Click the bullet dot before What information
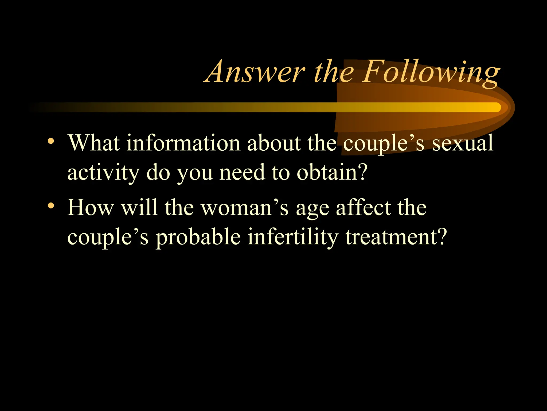[51, 141]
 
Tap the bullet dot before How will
[51, 205]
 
